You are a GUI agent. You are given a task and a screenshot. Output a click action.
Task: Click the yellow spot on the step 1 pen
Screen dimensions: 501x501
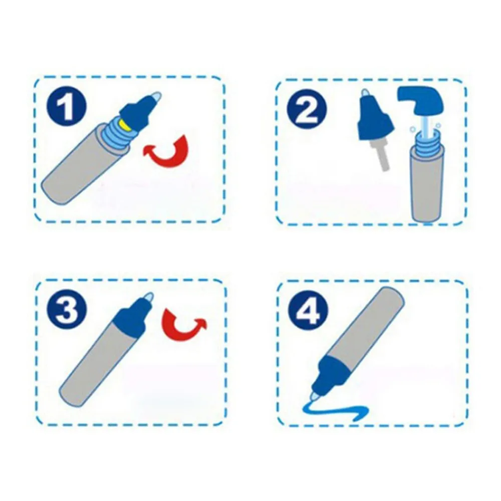(x=123, y=125)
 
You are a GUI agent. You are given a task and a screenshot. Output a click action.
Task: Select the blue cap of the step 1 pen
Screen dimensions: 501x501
(x=136, y=112)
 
